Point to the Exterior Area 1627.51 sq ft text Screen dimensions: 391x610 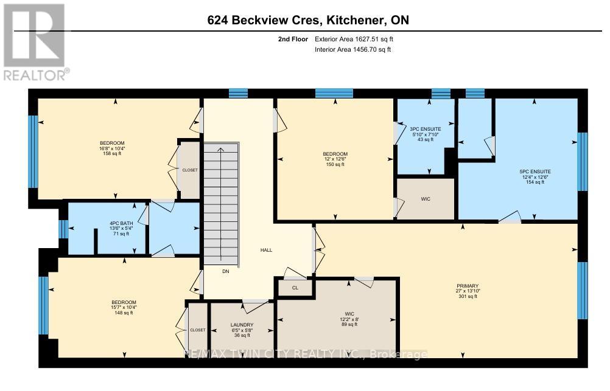point(358,39)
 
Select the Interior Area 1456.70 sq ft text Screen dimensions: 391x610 point(352,49)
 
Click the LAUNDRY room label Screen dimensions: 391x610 point(242,325)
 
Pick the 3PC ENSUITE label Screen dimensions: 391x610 point(425,130)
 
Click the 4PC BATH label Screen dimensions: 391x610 point(119,222)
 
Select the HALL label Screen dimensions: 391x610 point(266,250)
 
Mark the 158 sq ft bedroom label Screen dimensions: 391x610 point(114,153)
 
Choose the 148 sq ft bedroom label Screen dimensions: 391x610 point(123,313)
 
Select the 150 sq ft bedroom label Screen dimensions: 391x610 point(335,164)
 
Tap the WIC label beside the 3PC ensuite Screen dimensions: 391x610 point(425,198)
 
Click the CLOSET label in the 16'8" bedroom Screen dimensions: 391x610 point(190,170)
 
